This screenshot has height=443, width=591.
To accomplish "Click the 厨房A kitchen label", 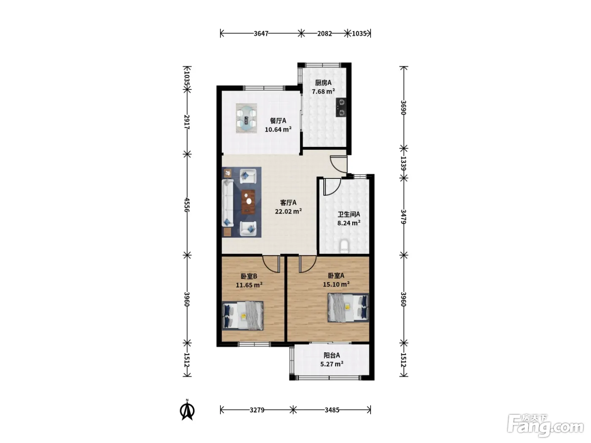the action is click(x=323, y=83).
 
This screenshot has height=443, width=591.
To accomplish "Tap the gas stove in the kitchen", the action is click(x=341, y=107).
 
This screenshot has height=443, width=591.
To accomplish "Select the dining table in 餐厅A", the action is click(x=246, y=119).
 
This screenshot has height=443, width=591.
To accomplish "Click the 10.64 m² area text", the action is click(x=278, y=130).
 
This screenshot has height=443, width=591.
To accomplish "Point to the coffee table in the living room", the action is click(x=248, y=202).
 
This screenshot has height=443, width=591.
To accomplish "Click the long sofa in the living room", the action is click(x=227, y=203).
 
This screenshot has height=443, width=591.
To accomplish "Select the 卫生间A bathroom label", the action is click(x=349, y=214).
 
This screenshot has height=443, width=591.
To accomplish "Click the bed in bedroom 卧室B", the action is click(x=243, y=316).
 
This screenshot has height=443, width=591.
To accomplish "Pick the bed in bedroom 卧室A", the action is click(x=348, y=308).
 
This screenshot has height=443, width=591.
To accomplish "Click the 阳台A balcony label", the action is click(x=332, y=355).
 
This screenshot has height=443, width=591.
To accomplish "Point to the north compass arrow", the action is click(x=187, y=410).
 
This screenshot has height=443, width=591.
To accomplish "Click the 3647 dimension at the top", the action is click(x=261, y=34).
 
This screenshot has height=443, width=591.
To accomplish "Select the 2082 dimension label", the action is click(x=325, y=34).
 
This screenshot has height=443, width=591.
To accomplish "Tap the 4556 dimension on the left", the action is click(x=187, y=205).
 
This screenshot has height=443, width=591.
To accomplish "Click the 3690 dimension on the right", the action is click(x=403, y=108).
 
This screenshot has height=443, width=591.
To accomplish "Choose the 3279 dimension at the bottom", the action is click(x=257, y=410).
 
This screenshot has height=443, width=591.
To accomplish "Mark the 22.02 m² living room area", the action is click(x=288, y=211).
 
